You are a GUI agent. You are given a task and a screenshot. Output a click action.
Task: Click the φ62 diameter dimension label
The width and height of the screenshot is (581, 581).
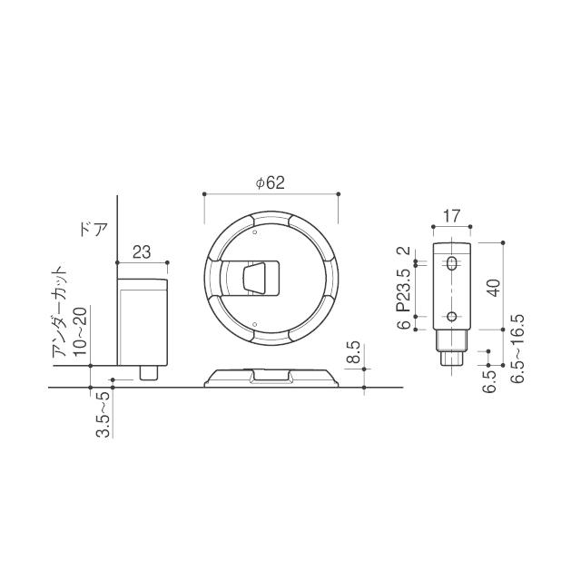click(x=271, y=183)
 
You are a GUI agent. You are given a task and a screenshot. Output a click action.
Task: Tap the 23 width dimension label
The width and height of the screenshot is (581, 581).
click(x=142, y=252)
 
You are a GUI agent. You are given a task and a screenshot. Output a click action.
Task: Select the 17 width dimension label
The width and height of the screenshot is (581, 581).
click(x=452, y=216)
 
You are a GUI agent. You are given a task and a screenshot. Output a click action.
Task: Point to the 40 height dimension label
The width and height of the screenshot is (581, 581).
click(x=494, y=288)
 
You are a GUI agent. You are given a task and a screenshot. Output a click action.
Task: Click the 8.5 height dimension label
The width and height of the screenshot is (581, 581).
click(x=355, y=352)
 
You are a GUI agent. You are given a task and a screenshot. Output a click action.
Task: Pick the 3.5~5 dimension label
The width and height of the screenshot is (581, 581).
click(x=103, y=415)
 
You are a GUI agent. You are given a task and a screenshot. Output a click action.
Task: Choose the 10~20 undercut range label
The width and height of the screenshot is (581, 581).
click(x=81, y=330)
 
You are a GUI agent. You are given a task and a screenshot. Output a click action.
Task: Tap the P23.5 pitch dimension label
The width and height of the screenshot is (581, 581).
click(x=404, y=290)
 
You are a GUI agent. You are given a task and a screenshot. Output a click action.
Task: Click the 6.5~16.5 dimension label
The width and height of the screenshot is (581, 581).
click(x=517, y=349)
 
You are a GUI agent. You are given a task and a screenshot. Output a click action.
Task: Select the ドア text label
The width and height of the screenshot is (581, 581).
click(x=94, y=230)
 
